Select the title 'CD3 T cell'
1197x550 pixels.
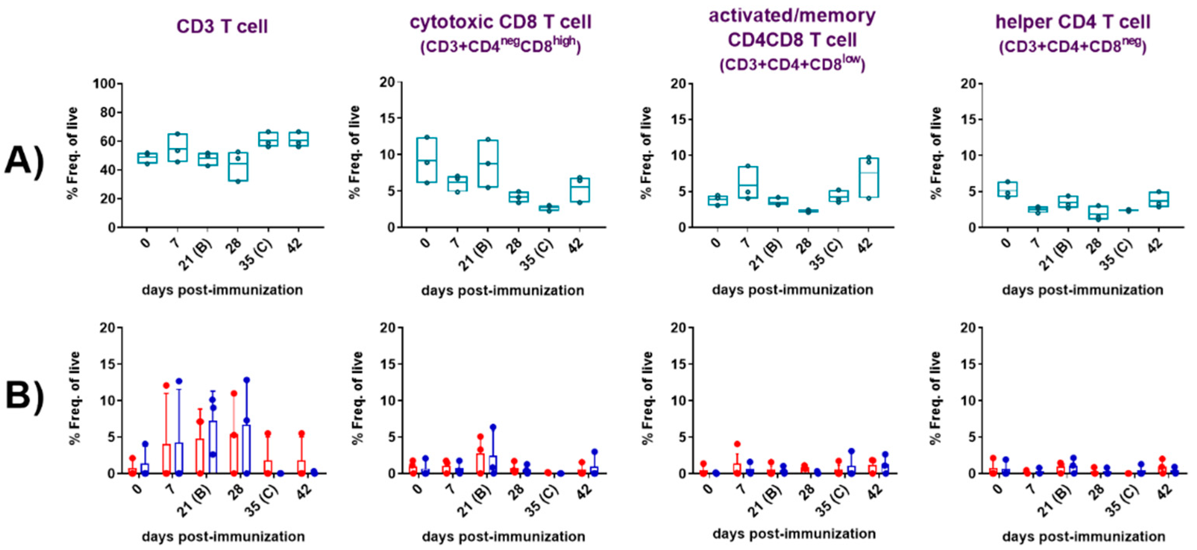pyautogui.click(x=222, y=26)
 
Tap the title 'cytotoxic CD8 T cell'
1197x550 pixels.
pyautogui.click(x=500, y=22)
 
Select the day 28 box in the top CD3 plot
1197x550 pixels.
pyautogui.click(x=238, y=167)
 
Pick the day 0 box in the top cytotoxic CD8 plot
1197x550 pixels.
pyautogui.click(x=427, y=160)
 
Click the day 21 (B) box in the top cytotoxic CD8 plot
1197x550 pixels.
pyautogui.click(x=488, y=164)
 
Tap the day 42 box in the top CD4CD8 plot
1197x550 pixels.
pyautogui.click(x=868, y=178)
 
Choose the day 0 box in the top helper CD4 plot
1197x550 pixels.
pyautogui.click(x=1007, y=189)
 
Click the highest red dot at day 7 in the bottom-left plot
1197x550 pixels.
pyautogui.click(x=166, y=385)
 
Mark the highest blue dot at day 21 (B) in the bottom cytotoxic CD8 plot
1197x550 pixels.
pyautogui.click(x=493, y=427)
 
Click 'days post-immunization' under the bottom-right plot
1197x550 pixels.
pyautogui.click(x=1083, y=536)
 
